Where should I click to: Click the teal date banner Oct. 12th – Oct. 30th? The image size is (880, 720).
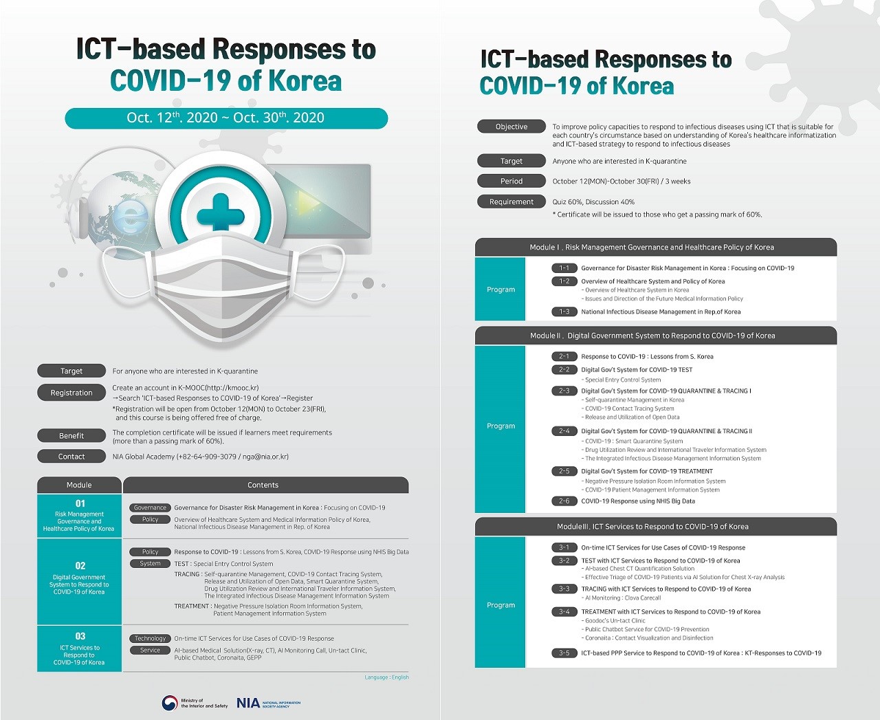tap(226, 118)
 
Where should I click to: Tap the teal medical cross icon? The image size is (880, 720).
tap(220, 214)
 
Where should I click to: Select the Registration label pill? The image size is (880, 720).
tap(71, 393)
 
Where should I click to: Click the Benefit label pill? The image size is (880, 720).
tap(71, 436)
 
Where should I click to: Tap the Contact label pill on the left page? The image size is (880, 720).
tap(71, 457)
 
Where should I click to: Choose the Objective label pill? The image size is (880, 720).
tap(511, 127)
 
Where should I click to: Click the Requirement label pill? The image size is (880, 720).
tap(511, 201)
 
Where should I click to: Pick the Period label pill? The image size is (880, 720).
tap(511, 181)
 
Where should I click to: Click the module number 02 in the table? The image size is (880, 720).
tap(80, 565)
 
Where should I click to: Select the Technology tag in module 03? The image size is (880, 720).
tap(150, 639)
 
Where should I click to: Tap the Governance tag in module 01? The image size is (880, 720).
tap(150, 508)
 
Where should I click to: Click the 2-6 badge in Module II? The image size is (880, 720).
tap(564, 501)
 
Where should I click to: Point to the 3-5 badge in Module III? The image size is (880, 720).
tap(564, 653)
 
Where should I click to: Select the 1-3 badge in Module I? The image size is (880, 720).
tap(564, 312)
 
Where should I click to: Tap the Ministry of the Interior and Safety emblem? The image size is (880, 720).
tap(169, 703)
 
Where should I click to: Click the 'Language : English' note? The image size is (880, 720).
tap(386, 677)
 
